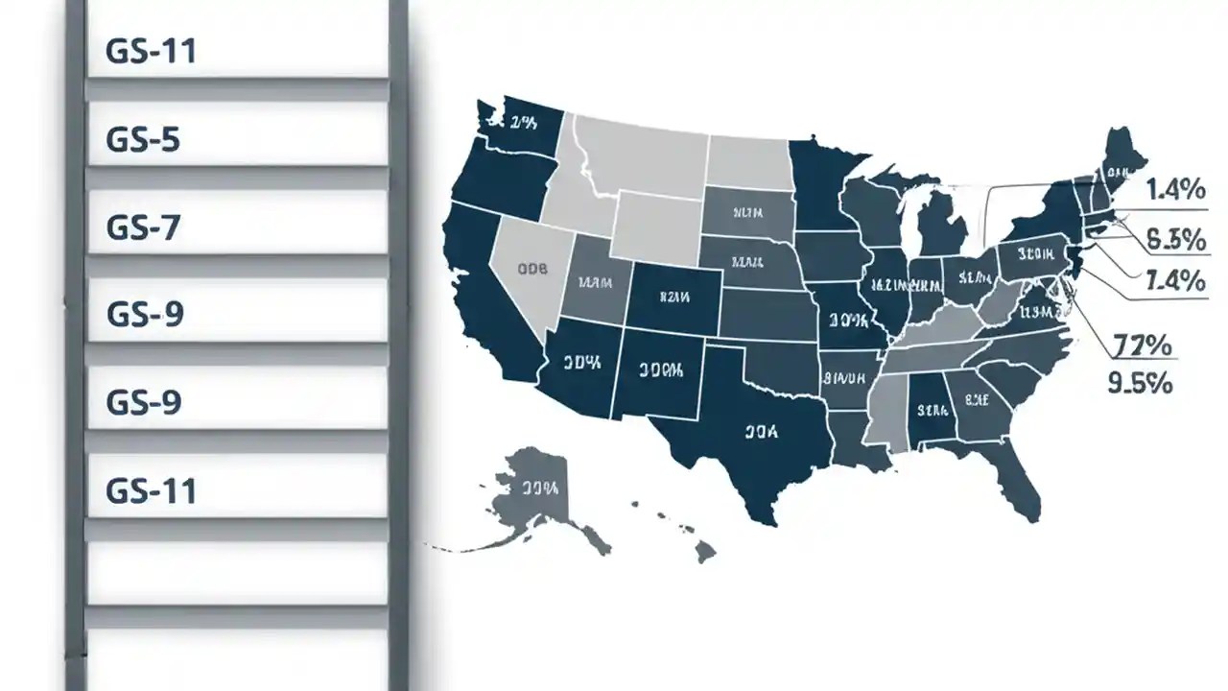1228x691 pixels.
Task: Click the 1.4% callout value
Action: [1175, 190]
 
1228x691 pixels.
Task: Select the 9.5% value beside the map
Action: [1140, 382]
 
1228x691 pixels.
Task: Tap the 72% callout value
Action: [1143, 345]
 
